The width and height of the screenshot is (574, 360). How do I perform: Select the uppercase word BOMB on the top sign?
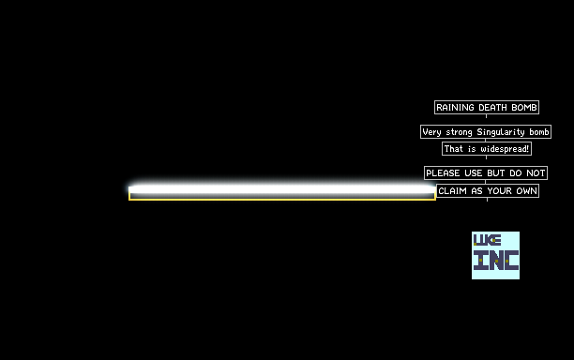coord(524,108)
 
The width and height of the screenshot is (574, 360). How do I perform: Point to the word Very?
coord(432,132)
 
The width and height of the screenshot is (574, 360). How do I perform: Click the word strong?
coord(460,132)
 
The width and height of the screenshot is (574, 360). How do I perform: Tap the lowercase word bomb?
coord(539,131)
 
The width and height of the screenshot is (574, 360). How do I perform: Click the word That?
coord(454,149)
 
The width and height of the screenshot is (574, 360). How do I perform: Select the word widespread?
coord(505,149)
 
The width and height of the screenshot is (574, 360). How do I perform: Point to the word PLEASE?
coord(443,173)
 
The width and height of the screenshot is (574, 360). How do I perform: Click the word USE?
coord(474,173)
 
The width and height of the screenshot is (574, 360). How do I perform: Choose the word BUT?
coord(496,173)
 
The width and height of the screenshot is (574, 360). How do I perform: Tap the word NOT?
coord(536,173)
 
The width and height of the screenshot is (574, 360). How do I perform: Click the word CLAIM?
coord(452,191)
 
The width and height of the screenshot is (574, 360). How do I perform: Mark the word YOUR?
coord(499,191)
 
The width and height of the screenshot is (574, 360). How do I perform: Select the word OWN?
coord(527,191)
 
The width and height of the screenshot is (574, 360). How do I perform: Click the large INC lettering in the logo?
coord(496,260)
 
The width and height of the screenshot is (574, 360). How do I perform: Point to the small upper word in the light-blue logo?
coord(487,240)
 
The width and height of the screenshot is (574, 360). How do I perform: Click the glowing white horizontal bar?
coord(282,189)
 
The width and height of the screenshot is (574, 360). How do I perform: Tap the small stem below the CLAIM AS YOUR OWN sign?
coord(487,200)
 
